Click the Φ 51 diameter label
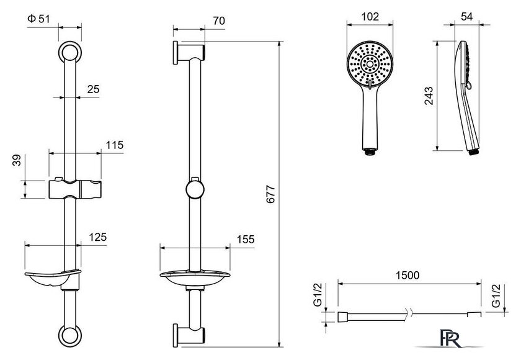(x=38, y=19)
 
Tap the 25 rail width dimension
(x=94, y=89)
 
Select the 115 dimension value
(x=115, y=145)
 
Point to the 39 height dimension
(x=17, y=160)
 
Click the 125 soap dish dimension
(x=98, y=237)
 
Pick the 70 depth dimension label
(x=219, y=20)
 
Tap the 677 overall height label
(x=271, y=194)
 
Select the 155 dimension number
(x=246, y=240)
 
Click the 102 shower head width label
(x=370, y=17)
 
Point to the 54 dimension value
(x=467, y=17)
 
